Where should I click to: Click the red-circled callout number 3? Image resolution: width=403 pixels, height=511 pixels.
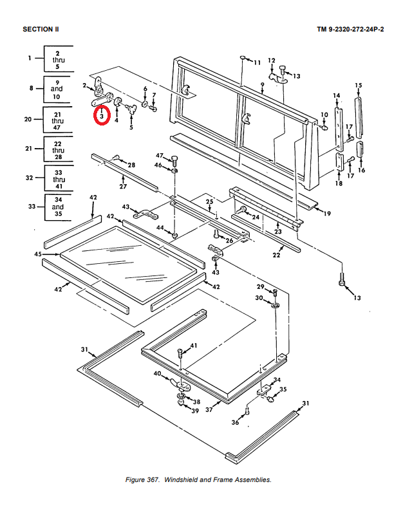pyautogui.click(x=102, y=116)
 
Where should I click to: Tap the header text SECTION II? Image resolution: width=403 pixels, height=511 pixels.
pyautogui.click(x=41, y=30)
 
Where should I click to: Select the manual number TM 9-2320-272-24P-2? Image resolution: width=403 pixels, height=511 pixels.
pyautogui.click(x=350, y=30)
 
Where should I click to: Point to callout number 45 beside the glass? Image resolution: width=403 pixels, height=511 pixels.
pyautogui.click(x=38, y=254)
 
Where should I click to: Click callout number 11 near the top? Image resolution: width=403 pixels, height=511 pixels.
pyautogui.click(x=258, y=62)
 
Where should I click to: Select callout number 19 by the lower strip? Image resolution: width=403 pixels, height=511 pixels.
pyautogui.click(x=327, y=214)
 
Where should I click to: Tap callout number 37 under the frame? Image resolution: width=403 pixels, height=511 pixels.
pyautogui.click(x=209, y=409)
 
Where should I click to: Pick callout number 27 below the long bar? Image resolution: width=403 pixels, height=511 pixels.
pyautogui.click(x=123, y=186)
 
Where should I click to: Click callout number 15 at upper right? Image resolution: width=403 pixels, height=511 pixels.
pyautogui.click(x=359, y=86)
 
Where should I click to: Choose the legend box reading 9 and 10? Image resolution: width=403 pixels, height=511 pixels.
pyautogui.click(x=58, y=89)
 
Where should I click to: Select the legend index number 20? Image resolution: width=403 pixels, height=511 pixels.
pyautogui.click(x=28, y=119)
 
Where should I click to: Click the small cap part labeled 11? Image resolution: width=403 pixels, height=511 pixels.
pyautogui.click(x=243, y=58)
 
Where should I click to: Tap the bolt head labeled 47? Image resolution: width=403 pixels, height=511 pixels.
pyautogui.click(x=174, y=159)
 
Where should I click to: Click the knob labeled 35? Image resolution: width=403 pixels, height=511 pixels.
pyautogui.click(x=271, y=398)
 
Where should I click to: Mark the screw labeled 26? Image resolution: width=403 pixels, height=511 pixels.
pyautogui.click(x=216, y=234)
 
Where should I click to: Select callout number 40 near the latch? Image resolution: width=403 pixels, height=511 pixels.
pyautogui.click(x=157, y=373)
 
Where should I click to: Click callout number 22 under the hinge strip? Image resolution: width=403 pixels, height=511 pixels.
pyautogui.click(x=276, y=255)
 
